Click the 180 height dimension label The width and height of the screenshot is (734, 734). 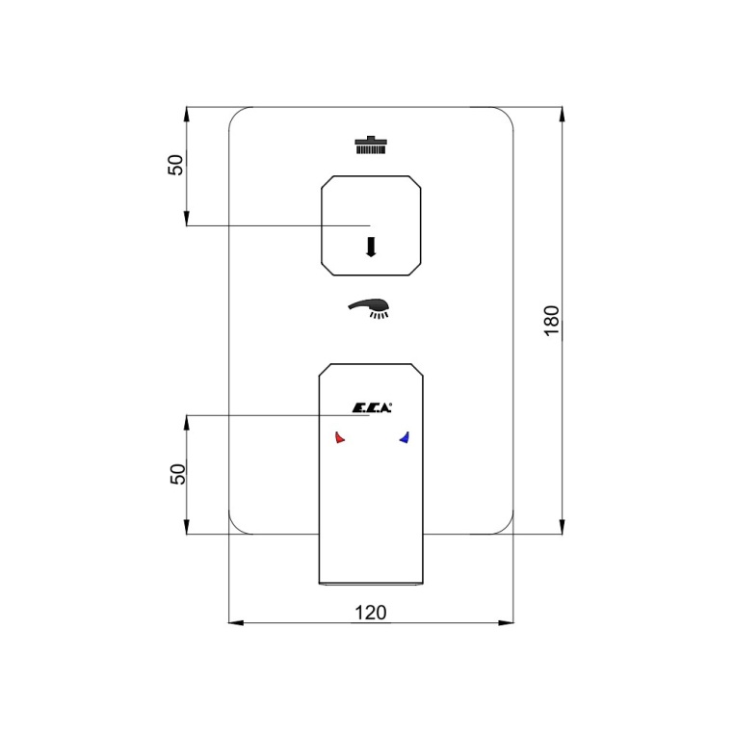tap(552, 320)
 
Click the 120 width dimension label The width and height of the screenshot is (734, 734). tap(371, 613)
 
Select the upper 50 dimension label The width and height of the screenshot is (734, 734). tap(176, 165)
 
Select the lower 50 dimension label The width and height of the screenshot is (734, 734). tap(177, 474)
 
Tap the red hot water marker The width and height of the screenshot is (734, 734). tap(340, 437)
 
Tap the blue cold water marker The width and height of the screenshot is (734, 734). tap(404, 437)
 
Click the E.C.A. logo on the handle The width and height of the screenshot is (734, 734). tap(372, 407)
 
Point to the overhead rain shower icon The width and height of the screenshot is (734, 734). tap(371, 145)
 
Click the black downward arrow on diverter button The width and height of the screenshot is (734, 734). tap(371, 248)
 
